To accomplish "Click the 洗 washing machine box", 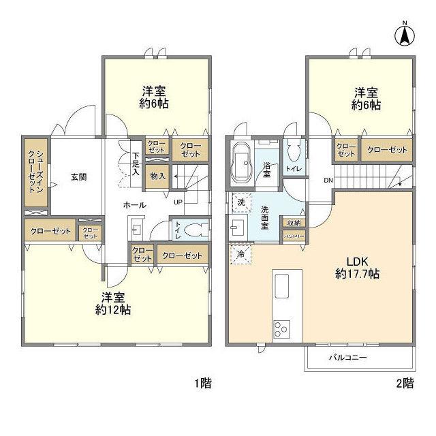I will pyautogui.click(x=240, y=202).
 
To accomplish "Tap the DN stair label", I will pyautogui.click(x=328, y=181).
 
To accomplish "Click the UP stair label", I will pyautogui.click(x=178, y=202).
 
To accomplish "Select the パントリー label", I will pyautogui.click(x=294, y=236).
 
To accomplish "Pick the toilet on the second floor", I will pyautogui.click(x=294, y=151).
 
